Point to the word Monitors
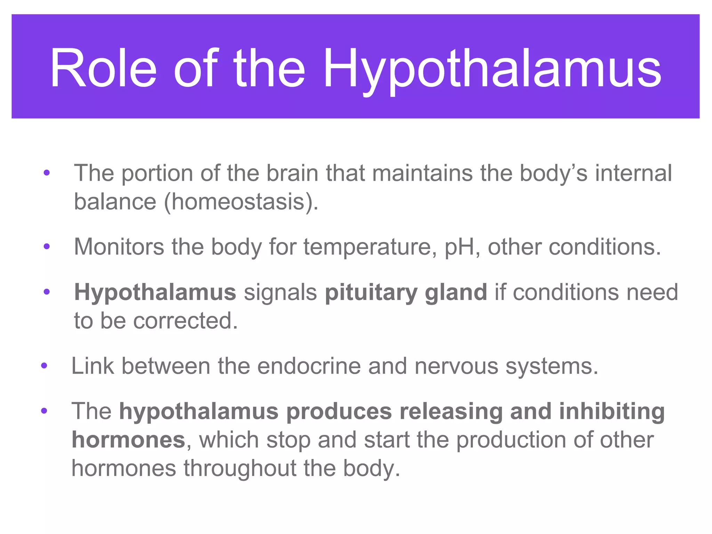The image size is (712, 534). pos(119,247)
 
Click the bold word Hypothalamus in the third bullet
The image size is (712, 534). pos(155,293)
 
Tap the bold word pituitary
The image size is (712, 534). pos(371,293)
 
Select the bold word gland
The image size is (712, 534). pos(456,293)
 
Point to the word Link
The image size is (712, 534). pos(92,366)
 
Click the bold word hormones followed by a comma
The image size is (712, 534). pos(128,440)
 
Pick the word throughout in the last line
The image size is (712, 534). pos(240,468)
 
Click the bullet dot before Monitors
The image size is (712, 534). pos(47,247)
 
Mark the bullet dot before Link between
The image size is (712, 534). pos(44,366)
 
